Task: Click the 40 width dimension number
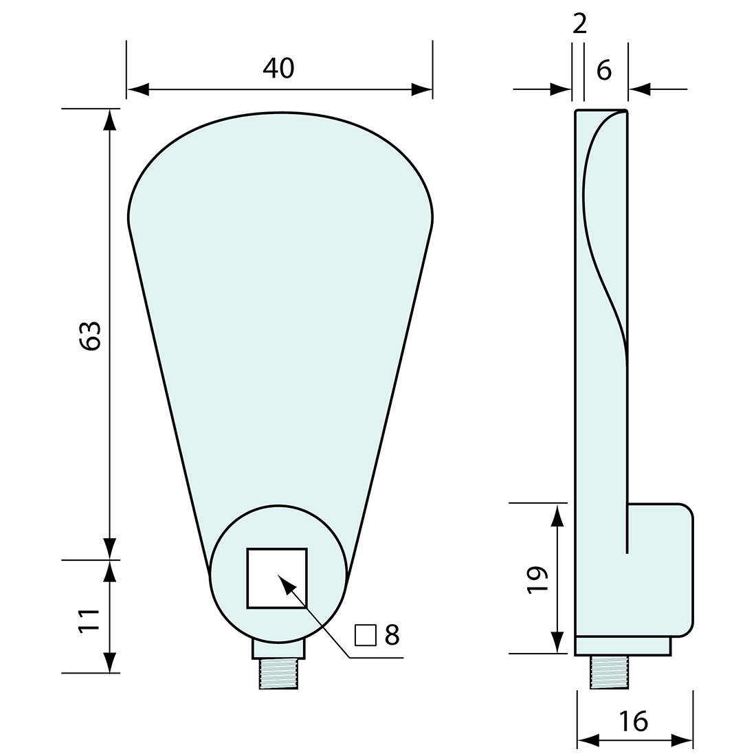pos(278,67)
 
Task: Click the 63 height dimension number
pos(91,335)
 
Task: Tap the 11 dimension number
pos(91,620)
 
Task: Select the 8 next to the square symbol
pos(392,636)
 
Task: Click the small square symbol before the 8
pos(366,636)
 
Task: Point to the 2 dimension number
pos(579,25)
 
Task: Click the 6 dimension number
pos(603,70)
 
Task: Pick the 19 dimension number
pos(537,580)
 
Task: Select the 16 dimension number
pos(632,721)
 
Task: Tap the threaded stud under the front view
pos(278,674)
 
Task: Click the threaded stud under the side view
pos(610,671)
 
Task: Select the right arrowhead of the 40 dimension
pos(422,89)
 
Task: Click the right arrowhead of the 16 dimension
pos(682,740)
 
